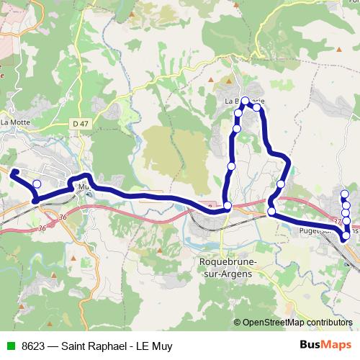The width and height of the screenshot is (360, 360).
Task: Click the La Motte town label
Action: coord(14,122)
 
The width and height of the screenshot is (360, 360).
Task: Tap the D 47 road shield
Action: coord(80,124)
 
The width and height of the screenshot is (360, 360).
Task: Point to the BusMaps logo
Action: coord(325,346)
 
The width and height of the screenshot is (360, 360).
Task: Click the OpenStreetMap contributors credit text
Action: coord(297,323)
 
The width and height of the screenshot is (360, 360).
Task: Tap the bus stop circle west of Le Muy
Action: coord(37,184)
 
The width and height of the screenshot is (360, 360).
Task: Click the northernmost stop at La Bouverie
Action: coord(246,101)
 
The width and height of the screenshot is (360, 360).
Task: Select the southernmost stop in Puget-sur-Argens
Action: coord(346,235)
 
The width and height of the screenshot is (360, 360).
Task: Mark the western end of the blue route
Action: coord(12,171)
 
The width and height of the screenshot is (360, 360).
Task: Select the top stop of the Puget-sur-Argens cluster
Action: coord(345,194)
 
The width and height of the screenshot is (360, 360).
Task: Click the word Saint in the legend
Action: coord(77,346)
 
